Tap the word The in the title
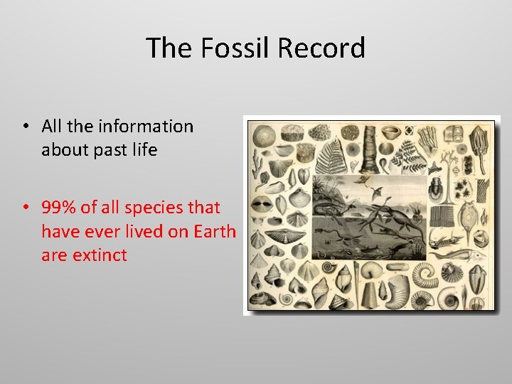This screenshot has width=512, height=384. pos(169,48)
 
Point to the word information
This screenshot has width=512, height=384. pos(145,127)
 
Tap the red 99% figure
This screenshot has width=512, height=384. pos(60,208)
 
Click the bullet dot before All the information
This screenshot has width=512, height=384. pos(24,127)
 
